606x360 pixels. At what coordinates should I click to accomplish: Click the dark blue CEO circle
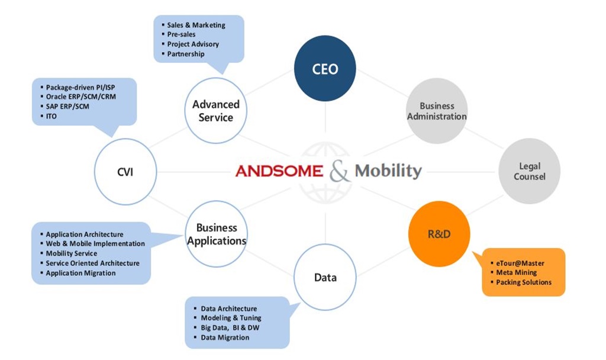tap(325, 69)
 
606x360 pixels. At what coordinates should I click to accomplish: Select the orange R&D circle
tap(439, 233)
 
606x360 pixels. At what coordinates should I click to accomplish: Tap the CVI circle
tap(125, 172)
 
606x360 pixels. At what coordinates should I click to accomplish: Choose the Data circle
tap(325, 277)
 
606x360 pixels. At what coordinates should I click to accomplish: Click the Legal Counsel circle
tap(529, 171)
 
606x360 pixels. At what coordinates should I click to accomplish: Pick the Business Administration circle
tap(437, 111)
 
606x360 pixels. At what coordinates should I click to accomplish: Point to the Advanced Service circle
tap(215, 111)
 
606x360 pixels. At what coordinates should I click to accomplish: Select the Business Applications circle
tap(217, 234)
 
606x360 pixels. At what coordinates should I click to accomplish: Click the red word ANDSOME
tap(279, 171)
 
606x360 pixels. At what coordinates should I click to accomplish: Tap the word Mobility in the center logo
tap(388, 171)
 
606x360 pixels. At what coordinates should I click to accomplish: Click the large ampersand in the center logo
tap(339, 171)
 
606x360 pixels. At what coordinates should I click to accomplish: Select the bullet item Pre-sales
tap(181, 34)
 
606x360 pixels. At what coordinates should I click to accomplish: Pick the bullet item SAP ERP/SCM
tap(67, 107)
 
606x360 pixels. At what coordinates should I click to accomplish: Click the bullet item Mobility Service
tap(72, 253)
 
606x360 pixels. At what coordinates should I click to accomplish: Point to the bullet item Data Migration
tap(225, 337)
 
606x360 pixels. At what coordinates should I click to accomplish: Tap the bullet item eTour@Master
tap(520, 263)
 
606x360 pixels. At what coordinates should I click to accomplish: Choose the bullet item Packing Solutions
tap(524, 282)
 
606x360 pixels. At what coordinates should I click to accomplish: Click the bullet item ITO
tap(51, 116)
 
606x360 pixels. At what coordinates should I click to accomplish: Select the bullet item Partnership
tap(185, 54)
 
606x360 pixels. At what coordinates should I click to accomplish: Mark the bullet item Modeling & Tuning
tap(231, 318)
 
